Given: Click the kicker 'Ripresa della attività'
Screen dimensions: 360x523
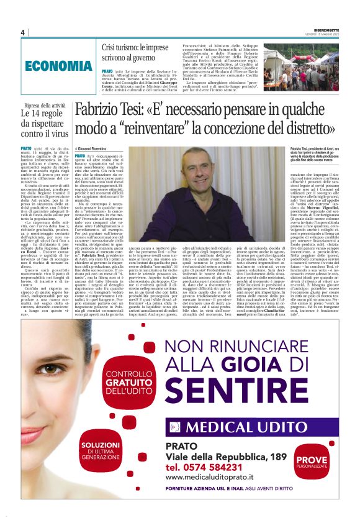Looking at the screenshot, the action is [44, 106].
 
